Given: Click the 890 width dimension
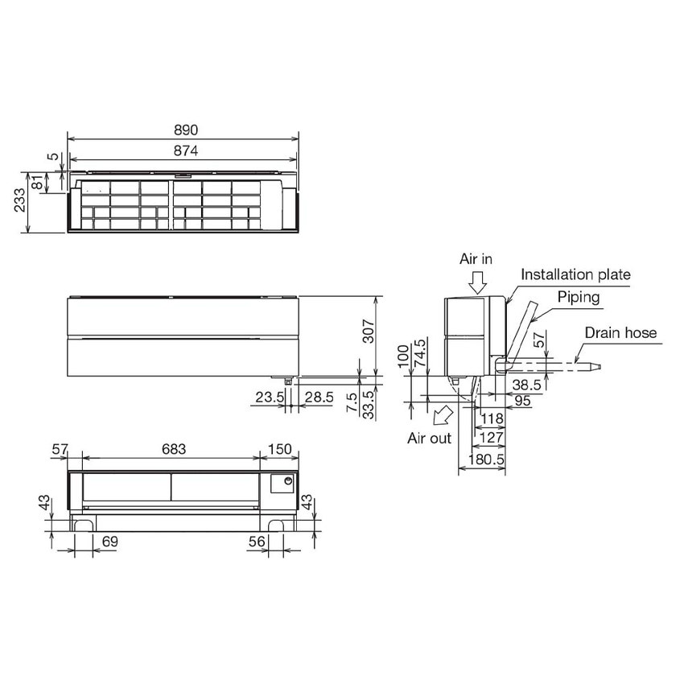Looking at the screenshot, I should pos(184,130).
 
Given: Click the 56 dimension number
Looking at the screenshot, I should pos(257,542).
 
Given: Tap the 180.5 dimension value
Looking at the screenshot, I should pos(485,458).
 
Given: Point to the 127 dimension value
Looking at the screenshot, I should pos(492,437).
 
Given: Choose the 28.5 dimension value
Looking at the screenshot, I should pos(318,396).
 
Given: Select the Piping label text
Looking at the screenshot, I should pos(579,297).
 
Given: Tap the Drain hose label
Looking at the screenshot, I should pos(620,332).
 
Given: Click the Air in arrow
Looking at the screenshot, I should pos(477,282).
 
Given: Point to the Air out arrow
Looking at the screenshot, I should pos(440,416).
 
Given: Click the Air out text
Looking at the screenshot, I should pos(430,439).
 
